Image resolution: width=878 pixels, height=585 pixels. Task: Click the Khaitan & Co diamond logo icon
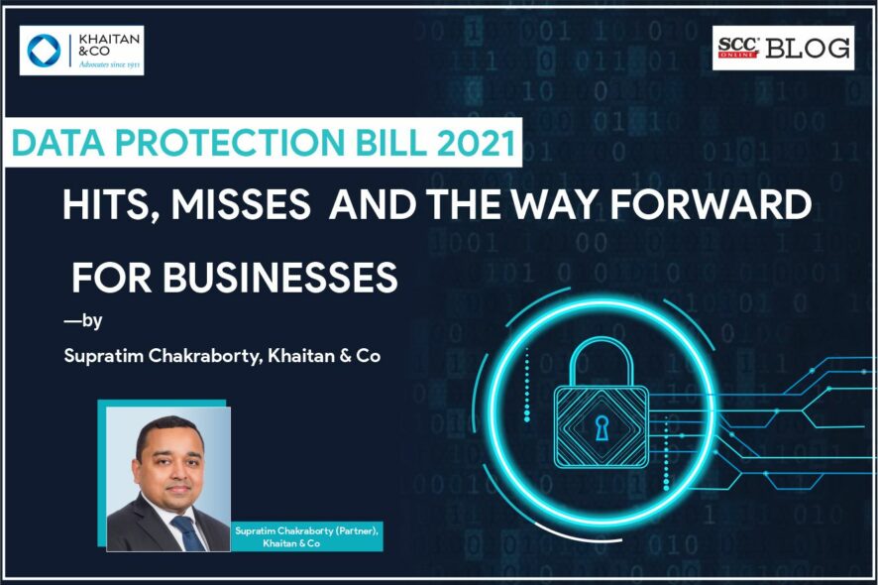click(x=44, y=50)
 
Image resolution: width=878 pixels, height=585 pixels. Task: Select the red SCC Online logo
click(x=738, y=48)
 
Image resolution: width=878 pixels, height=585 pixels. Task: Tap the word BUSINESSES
click(x=280, y=277)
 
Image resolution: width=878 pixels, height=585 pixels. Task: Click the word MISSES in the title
click(x=241, y=204)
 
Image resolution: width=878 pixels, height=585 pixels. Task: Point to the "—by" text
click(x=83, y=320)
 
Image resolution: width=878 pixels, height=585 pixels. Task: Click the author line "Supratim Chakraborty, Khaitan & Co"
click(x=222, y=356)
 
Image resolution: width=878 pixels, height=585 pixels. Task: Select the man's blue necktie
click(x=188, y=532)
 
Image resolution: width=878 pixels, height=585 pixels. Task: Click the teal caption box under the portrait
click(x=306, y=536)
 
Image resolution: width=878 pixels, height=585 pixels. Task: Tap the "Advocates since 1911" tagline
click(x=109, y=64)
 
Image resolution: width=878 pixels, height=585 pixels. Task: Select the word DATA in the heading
click(x=57, y=143)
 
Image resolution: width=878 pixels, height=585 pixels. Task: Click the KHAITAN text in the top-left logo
click(x=109, y=40)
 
